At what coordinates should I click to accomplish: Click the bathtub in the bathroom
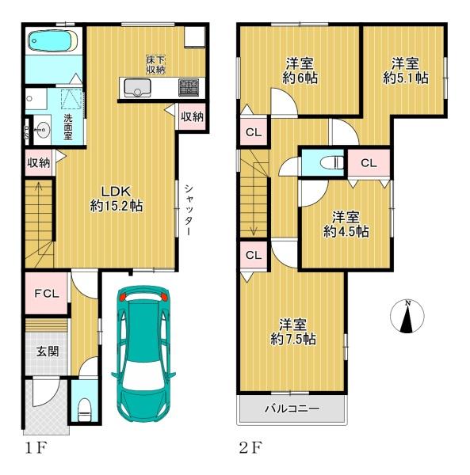tap(53, 42)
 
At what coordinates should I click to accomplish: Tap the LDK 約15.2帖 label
tap(117, 199)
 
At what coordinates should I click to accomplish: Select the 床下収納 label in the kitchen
tap(155, 64)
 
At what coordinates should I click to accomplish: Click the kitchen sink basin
tap(137, 87)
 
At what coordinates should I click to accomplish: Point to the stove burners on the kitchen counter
tap(189, 87)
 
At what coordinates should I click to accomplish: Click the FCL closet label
tap(47, 293)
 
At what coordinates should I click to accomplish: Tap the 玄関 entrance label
tap(48, 351)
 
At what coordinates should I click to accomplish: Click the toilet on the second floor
tap(331, 162)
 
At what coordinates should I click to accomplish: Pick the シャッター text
tap(189, 210)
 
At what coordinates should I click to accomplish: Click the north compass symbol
tap(407, 316)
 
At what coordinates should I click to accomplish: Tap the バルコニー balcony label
tap(292, 409)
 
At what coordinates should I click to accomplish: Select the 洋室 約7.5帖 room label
tap(293, 332)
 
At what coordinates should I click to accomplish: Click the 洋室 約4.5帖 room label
tap(346, 224)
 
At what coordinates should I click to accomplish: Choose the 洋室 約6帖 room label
tap(300, 71)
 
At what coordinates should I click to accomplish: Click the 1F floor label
tap(36, 448)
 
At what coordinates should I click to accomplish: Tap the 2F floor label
tap(250, 448)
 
